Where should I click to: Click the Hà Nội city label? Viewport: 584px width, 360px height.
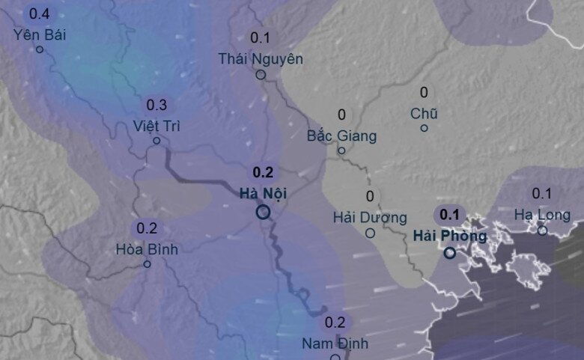263,194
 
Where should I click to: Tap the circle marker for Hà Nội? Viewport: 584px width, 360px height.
263,213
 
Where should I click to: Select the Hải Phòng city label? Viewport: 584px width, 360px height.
449,237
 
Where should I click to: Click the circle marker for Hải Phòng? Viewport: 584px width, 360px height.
449,254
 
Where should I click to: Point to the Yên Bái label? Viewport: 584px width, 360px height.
39,34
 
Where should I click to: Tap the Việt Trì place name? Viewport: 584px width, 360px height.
156,124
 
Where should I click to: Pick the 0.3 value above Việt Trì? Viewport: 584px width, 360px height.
156,105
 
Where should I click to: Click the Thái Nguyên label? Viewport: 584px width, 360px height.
261,58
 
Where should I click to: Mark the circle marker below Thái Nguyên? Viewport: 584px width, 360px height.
261,75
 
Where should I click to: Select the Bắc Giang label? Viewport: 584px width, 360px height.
341,136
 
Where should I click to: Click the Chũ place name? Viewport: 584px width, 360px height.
424,114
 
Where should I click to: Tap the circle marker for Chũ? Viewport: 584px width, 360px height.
424,128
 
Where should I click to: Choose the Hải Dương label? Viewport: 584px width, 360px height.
370,217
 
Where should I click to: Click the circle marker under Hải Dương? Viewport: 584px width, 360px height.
370,233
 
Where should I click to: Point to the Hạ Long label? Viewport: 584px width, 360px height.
542,215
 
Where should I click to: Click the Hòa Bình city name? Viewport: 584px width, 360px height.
147,249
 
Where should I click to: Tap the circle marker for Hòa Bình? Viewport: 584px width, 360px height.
147,263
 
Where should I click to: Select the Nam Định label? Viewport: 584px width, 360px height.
335,344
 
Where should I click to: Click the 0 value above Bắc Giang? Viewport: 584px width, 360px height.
342,115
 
